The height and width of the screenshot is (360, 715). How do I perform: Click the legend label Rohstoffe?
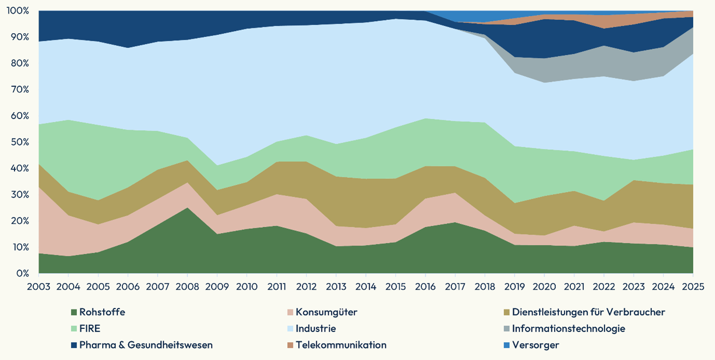coord(102,312)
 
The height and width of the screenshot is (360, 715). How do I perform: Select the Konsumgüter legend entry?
coord(327,312)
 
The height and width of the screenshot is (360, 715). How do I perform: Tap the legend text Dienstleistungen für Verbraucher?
coord(588,312)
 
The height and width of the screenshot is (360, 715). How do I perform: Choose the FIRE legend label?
coord(90,329)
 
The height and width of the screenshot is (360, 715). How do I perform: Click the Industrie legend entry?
coord(316,329)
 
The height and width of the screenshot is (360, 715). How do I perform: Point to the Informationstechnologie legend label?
coord(568,329)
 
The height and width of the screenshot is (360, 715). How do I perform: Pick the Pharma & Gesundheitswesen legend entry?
coord(146,345)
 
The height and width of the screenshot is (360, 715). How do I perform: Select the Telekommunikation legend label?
coord(341,345)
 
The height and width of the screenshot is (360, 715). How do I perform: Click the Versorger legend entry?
coord(536,345)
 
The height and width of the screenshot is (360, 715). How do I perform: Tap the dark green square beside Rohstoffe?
coord(74,313)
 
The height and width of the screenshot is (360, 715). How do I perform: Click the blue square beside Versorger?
coord(507,345)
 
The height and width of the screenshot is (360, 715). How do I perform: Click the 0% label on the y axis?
coord(23,273)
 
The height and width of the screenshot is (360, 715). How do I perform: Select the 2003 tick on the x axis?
coord(39,286)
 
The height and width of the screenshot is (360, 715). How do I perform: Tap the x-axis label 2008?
coord(187,286)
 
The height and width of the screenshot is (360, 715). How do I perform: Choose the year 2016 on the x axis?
coord(425,286)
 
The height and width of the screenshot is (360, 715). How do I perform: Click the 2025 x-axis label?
coord(693,286)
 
